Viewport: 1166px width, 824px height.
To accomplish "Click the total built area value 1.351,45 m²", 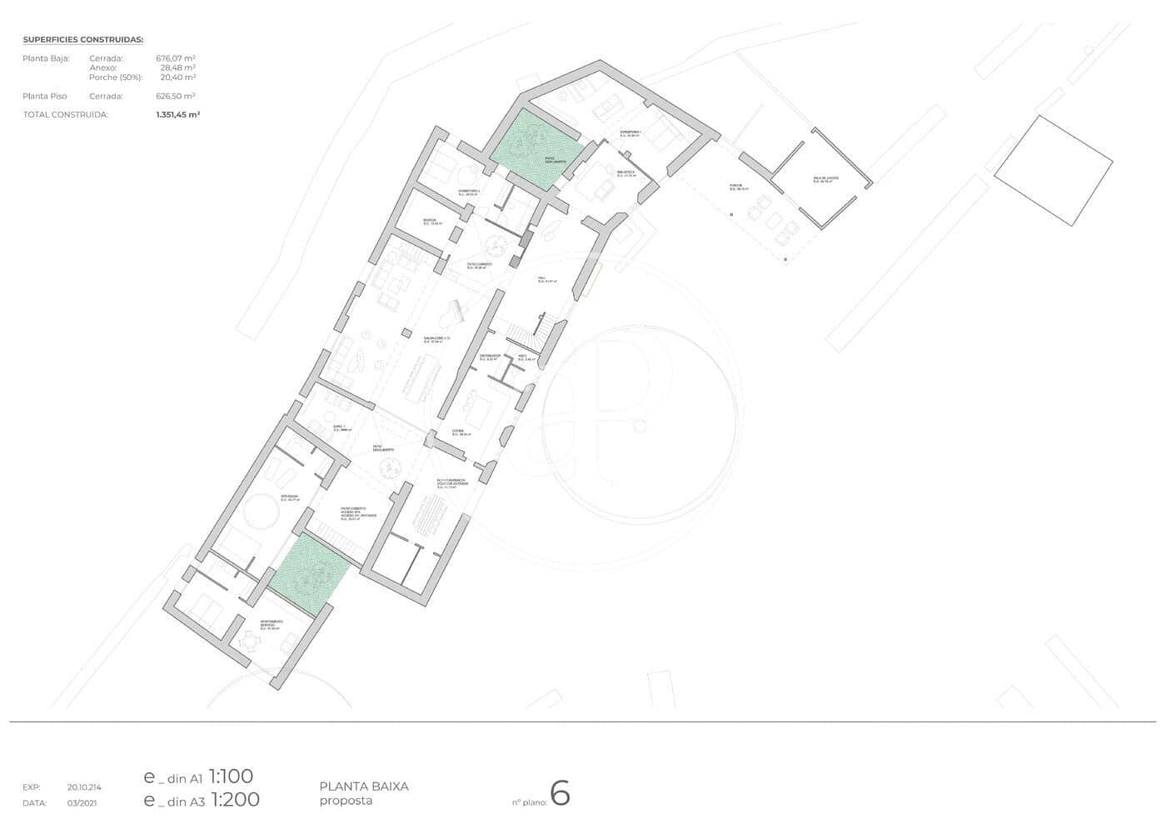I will tap(177, 115).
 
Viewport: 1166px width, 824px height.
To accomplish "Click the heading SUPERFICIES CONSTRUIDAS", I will tap(83, 39).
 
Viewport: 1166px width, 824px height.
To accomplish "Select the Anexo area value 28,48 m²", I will tap(177, 67).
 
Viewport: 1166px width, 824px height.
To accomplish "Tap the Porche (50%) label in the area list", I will tap(116, 77).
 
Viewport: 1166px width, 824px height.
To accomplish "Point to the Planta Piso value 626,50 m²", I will tap(176, 96).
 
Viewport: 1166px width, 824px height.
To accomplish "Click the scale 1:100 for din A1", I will tap(231, 777).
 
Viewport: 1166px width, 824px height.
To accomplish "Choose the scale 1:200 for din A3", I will tap(234, 800).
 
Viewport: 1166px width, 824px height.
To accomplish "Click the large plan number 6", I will tap(560, 795).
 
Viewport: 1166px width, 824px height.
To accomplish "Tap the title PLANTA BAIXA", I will tap(364, 786).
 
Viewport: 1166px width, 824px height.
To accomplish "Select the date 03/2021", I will tap(82, 803).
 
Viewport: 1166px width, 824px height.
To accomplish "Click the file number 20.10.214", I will tap(84, 787).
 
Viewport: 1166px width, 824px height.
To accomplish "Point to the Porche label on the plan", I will tap(735, 187).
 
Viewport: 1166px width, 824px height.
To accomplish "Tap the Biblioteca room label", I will tap(626, 174).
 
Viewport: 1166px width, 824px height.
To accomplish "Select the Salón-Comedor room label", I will tap(436, 339).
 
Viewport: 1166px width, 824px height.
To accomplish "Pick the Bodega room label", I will tap(431, 222).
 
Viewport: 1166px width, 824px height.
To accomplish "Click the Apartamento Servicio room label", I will tap(272, 623).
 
